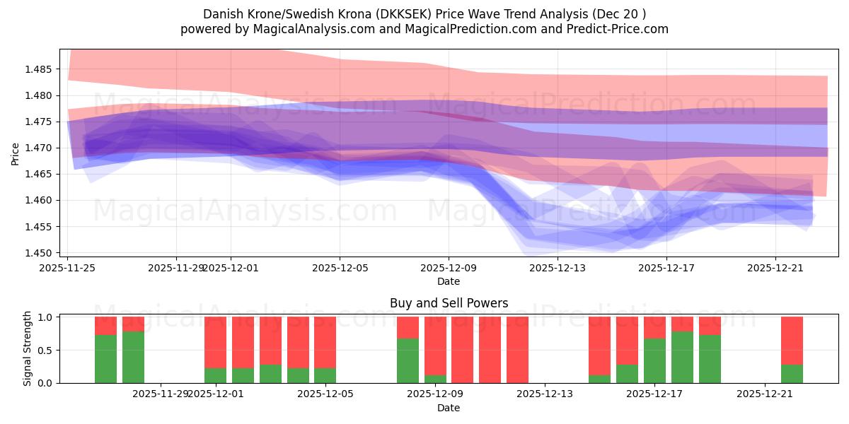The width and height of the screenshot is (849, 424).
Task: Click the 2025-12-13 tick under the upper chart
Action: point(558,268)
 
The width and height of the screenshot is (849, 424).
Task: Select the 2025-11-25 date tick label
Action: point(67,268)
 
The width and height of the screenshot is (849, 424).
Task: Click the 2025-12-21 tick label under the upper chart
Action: point(775,268)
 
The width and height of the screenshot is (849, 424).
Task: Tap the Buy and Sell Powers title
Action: point(449,303)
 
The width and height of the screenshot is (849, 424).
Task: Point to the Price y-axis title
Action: point(16,153)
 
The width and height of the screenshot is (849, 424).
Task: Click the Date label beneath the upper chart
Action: point(449,281)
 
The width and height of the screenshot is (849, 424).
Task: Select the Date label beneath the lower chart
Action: point(449,408)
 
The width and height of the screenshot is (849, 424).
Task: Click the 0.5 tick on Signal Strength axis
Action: point(45,350)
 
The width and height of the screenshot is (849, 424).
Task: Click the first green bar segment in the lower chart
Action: point(105,359)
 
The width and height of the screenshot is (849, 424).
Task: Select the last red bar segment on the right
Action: point(792,341)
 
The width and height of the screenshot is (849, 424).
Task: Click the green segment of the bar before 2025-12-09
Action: point(408,360)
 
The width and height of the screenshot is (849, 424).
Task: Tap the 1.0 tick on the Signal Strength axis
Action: point(45,317)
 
